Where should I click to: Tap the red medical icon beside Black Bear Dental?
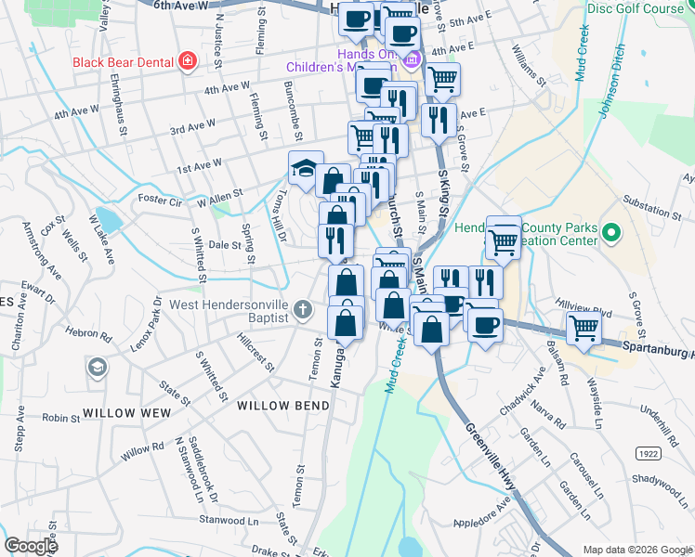pyautogui.click(x=189, y=62)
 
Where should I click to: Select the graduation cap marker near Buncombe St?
pyautogui.click(x=304, y=168)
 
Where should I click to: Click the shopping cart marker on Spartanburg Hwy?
pyautogui.click(x=584, y=327)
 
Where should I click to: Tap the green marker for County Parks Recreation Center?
pyautogui.click(x=610, y=231)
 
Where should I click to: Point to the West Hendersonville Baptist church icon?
pyautogui.click(x=302, y=308)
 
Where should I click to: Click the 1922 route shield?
pyautogui.click(x=649, y=452)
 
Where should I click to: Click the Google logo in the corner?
pyautogui.click(x=31, y=546)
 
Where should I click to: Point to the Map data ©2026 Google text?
pyautogui.click(x=636, y=550)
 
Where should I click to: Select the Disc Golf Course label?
pyautogui.click(x=636, y=8)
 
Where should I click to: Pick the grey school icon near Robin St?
pyautogui.click(x=97, y=369)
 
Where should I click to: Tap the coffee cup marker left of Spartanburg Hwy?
pyautogui.click(x=484, y=325)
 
